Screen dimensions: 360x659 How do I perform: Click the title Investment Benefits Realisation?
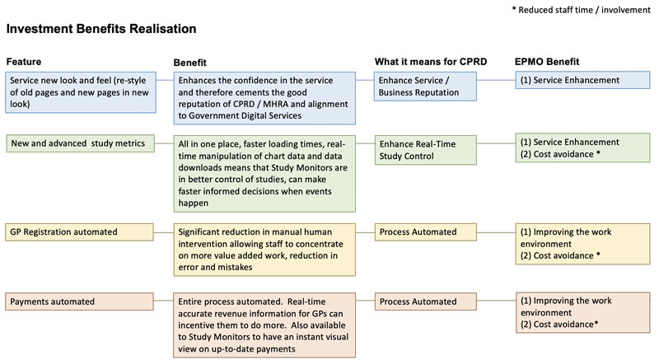pos(100,29)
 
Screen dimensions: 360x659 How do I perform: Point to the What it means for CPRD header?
pos(430,62)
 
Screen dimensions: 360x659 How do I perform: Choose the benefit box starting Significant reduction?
pos(265,249)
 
